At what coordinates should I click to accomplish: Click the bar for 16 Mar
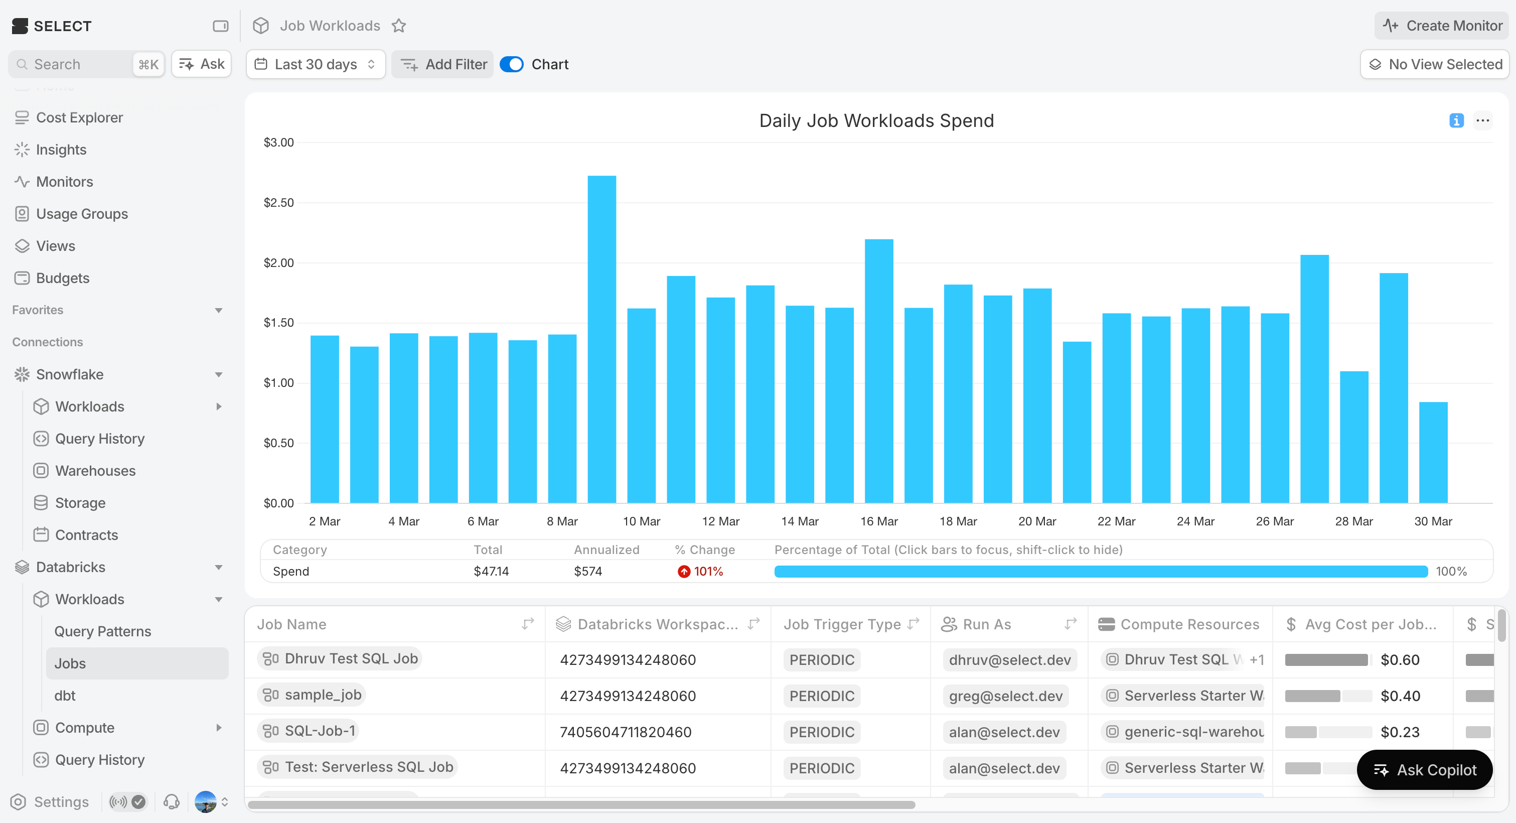[x=878, y=371]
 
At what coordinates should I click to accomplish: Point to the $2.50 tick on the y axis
[x=278, y=203]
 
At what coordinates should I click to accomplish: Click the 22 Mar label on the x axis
[x=1116, y=521]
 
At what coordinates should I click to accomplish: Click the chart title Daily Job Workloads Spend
[x=876, y=120]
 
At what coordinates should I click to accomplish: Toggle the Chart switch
[x=511, y=64]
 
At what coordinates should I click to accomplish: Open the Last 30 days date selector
[x=316, y=64]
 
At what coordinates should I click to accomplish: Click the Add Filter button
[x=443, y=64]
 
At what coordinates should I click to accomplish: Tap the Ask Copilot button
[x=1424, y=770]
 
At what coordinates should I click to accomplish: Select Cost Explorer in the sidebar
[x=79, y=118]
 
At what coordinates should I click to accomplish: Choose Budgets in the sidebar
[x=62, y=278]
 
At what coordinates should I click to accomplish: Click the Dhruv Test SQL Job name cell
[x=351, y=659]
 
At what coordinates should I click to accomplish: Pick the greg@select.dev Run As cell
[x=1005, y=696]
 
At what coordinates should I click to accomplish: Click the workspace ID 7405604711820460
[x=625, y=732]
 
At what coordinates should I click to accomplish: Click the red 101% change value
[x=708, y=571]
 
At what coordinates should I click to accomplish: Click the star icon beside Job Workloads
[x=399, y=26]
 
